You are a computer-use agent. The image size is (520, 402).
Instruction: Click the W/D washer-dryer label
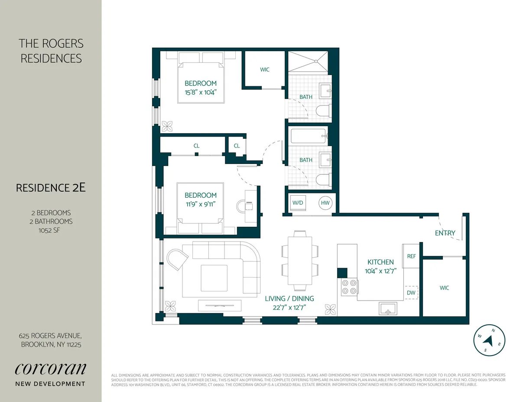(x=297, y=203)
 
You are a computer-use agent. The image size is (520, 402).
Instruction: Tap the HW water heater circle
(x=325, y=203)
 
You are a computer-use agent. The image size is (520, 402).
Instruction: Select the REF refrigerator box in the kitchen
(x=411, y=256)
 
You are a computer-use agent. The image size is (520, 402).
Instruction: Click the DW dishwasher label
(x=411, y=293)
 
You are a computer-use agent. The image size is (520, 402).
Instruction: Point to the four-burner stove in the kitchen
(x=349, y=287)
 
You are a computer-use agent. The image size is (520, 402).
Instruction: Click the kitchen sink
(x=387, y=308)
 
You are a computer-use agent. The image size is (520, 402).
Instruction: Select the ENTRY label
(x=445, y=233)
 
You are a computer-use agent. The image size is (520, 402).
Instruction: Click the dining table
(x=299, y=260)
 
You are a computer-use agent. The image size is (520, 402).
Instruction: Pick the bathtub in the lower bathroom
(x=308, y=136)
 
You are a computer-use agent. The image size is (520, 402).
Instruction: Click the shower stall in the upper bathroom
(x=308, y=62)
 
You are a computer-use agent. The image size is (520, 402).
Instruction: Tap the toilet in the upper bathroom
(x=323, y=111)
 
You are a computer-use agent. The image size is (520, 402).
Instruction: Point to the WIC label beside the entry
(x=444, y=288)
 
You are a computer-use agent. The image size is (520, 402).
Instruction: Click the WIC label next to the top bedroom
(x=265, y=69)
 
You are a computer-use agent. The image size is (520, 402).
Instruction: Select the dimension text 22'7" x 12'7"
(x=289, y=307)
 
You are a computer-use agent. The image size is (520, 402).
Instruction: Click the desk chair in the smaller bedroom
(x=240, y=206)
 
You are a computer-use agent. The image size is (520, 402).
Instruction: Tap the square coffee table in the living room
(x=214, y=278)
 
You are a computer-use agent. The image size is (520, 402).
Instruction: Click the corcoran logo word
(x=51, y=369)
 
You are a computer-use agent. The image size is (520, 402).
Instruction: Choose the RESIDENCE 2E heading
(x=51, y=188)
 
